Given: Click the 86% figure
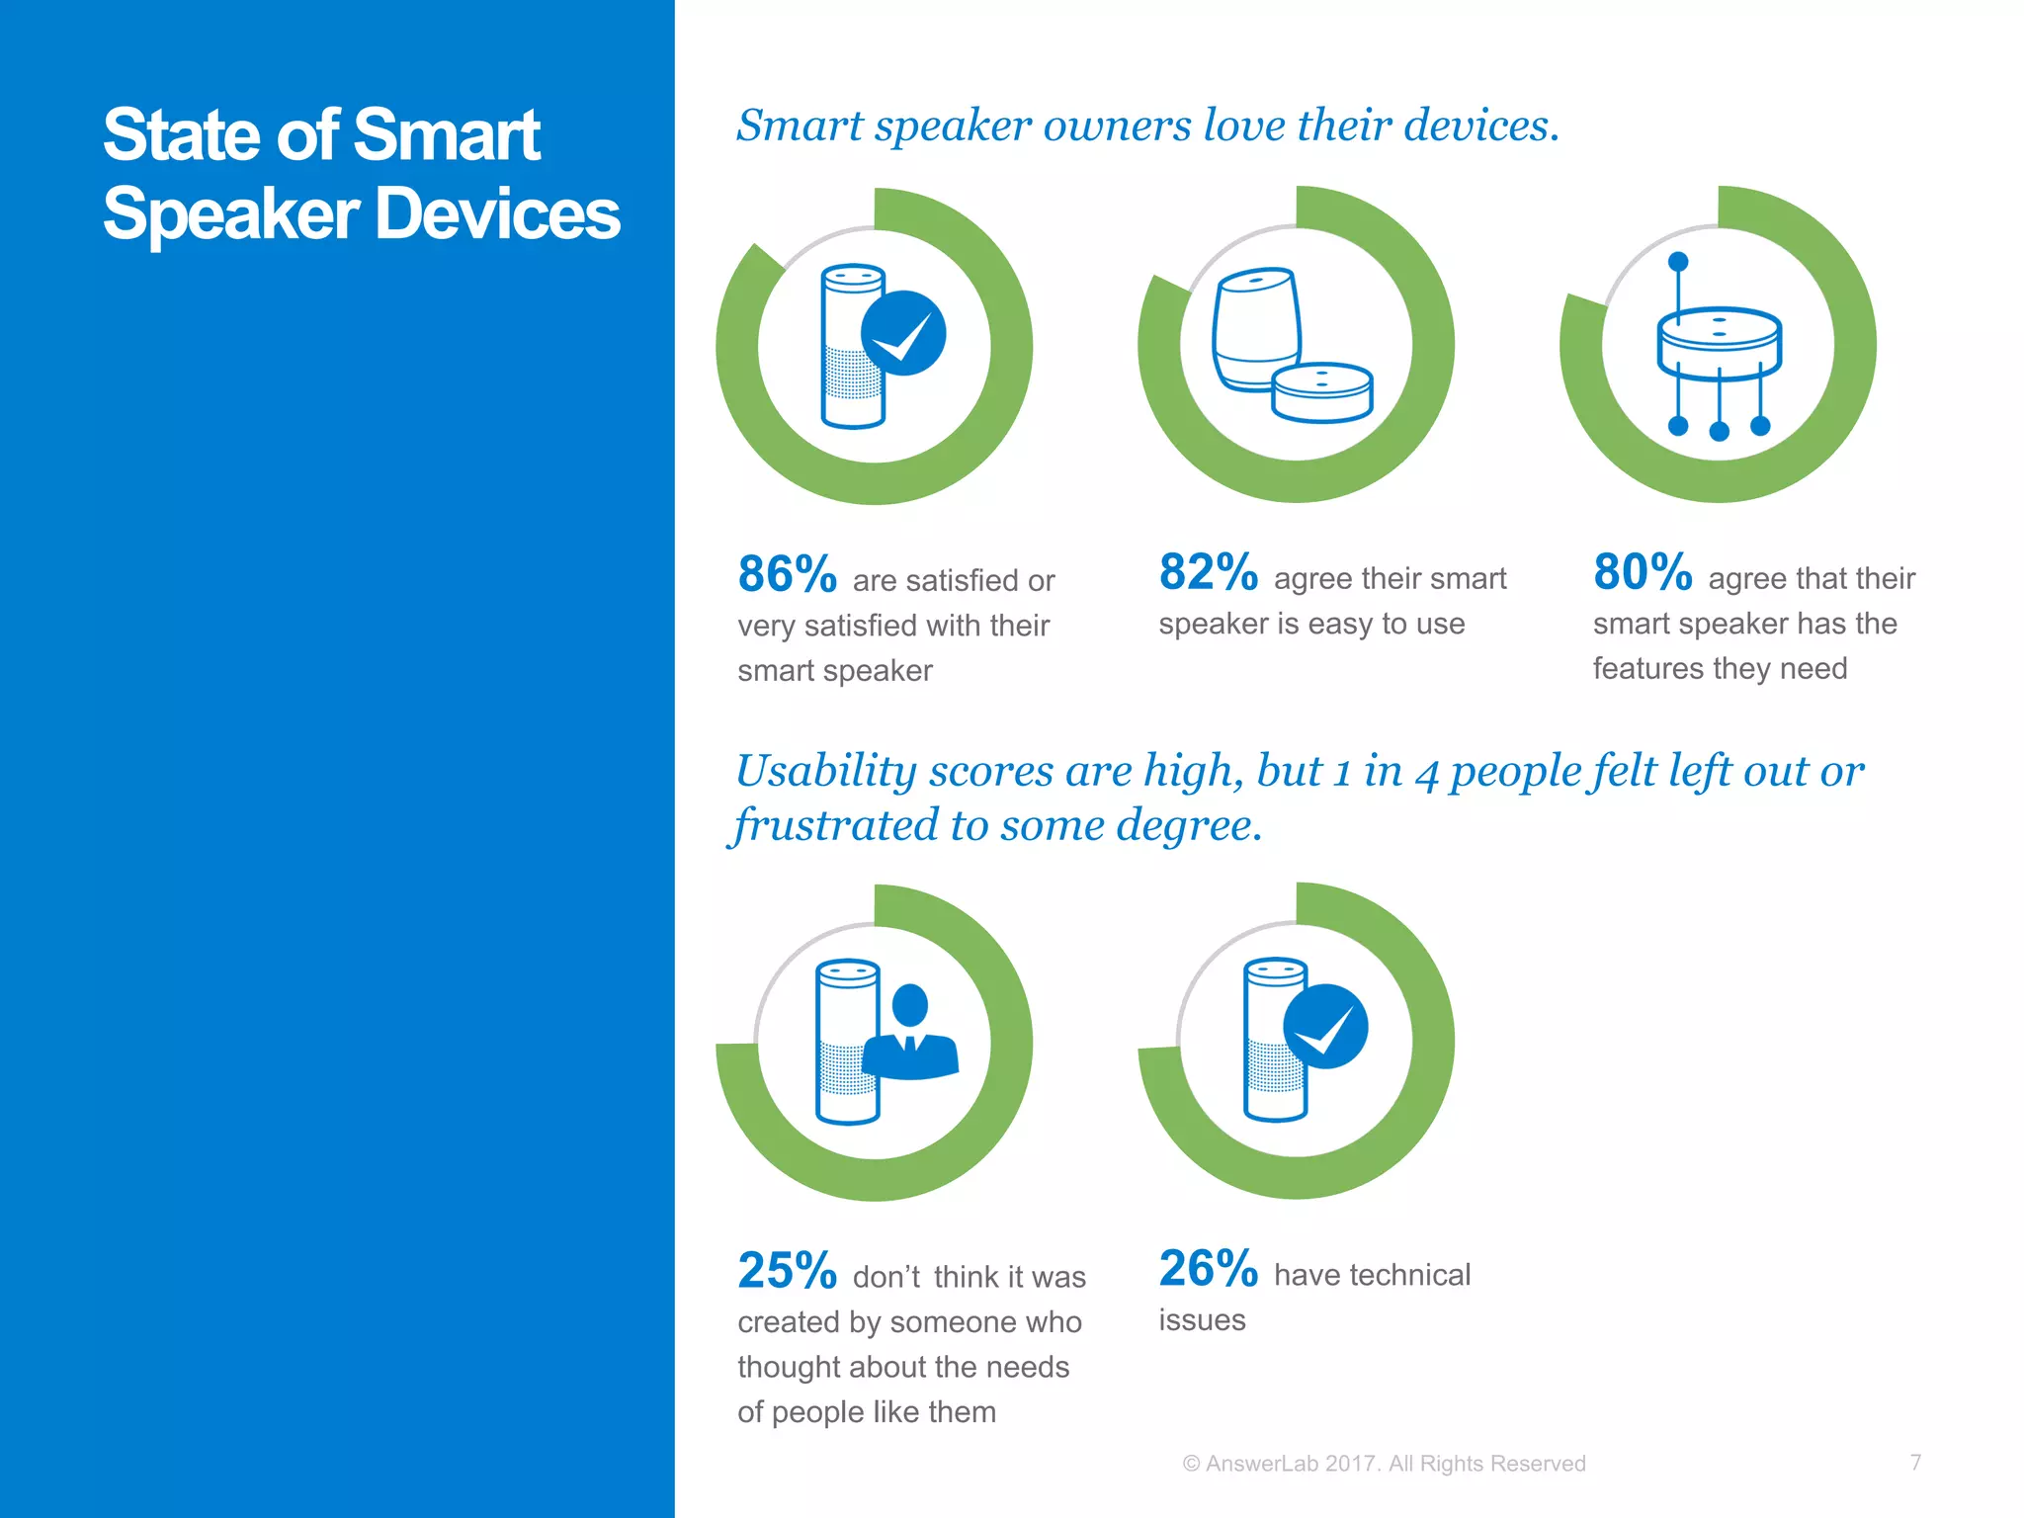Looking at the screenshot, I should pyautogui.click(x=787, y=574).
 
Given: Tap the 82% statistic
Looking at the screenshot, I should pyautogui.click(x=1208, y=572).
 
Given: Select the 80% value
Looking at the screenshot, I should pyautogui.click(x=1643, y=572).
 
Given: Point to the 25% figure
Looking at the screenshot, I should pyautogui.click(x=787, y=1271).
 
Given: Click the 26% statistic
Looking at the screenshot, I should pyautogui.click(x=1208, y=1269).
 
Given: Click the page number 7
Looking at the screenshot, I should pyautogui.click(x=1915, y=1462).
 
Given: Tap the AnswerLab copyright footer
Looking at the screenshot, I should pyautogui.click(x=1384, y=1464).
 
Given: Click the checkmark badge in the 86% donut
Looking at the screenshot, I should pyautogui.click(x=903, y=333).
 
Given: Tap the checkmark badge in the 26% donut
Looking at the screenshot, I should pyautogui.click(x=1325, y=1027).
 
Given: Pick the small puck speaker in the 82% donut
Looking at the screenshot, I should pyautogui.click(x=1321, y=392).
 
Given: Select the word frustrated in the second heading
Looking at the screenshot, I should pyautogui.click(x=835, y=825).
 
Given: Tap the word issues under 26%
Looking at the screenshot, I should pyautogui.click(x=1202, y=1320).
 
